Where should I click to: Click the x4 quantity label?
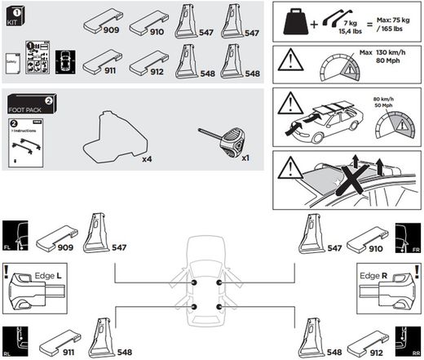(x=147, y=159)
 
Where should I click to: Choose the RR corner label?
(x=415, y=353)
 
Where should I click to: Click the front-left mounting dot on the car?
(x=196, y=282)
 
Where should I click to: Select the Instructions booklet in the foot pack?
(x=24, y=144)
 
